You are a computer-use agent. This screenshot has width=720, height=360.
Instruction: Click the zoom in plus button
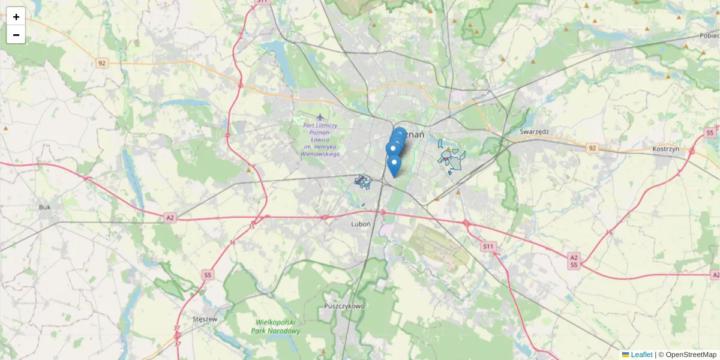coord(16,17)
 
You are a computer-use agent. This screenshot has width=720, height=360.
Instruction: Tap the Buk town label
coord(45,207)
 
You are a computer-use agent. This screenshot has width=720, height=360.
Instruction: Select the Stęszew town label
coord(205,319)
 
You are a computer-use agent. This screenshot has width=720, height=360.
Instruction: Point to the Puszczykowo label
coord(344,306)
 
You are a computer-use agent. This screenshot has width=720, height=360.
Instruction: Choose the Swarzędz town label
coord(535,131)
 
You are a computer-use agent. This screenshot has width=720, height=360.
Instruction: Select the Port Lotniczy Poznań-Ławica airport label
coord(321,140)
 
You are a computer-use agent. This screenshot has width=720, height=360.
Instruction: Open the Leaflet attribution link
coord(641,355)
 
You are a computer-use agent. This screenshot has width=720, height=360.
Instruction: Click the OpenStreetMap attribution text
coord(691,355)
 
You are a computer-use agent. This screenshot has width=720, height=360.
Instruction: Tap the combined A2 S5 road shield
coord(574,261)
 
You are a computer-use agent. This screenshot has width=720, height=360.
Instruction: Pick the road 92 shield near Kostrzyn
coord(592,148)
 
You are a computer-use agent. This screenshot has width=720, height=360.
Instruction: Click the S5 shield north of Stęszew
coord(208,275)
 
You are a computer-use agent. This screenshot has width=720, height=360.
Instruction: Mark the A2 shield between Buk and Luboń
coord(170,218)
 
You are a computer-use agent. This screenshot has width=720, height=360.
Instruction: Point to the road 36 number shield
coord(233,242)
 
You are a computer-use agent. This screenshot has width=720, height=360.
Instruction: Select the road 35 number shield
coord(251,226)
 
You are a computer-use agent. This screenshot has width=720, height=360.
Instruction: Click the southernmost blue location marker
coord(394,166)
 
